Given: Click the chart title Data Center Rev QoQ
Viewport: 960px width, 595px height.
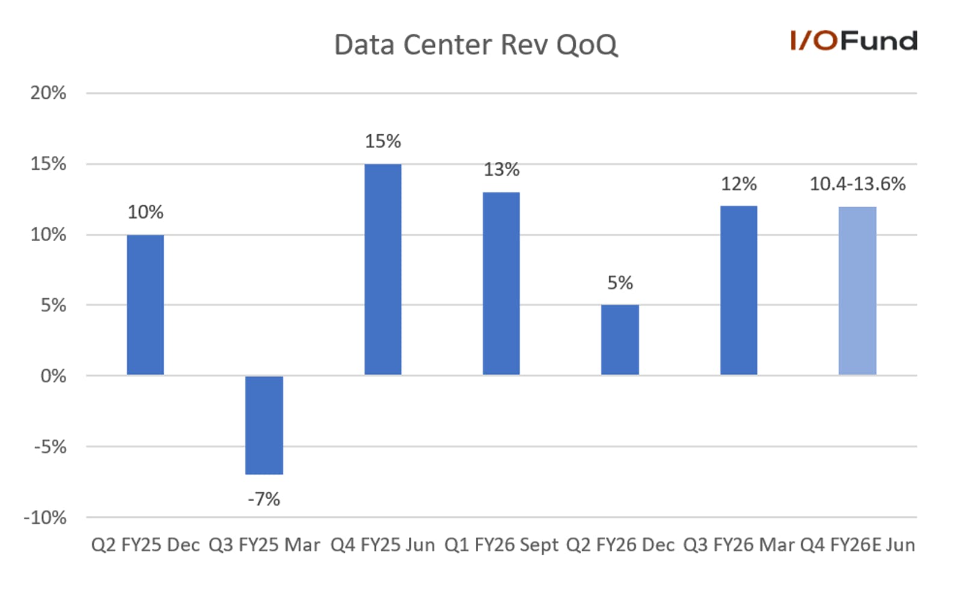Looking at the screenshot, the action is click(476, 45).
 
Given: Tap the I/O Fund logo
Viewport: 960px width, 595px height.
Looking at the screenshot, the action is click(854, 40).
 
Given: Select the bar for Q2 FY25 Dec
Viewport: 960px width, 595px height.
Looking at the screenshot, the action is click(145, 305).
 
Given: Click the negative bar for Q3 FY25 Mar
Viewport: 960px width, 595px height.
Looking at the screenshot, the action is click(264, 425).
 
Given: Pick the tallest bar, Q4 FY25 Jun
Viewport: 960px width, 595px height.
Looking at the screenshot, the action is click(382, 270).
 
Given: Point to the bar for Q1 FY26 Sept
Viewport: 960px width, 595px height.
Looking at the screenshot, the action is click(502, 284).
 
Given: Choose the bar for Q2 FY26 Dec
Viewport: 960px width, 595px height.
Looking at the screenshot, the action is click(620, 340).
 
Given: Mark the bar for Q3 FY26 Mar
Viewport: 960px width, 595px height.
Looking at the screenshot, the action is click(739, 291).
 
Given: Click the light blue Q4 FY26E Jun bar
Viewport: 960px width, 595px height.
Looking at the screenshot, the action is click(858, 291).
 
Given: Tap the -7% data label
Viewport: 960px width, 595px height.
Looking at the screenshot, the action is click(264, 499).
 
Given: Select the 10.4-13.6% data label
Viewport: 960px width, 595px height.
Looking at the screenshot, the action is click(858, 184).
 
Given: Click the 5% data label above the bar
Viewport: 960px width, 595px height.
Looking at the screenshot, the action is click(620, 282).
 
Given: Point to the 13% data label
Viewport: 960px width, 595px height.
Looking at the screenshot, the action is click(502, 169).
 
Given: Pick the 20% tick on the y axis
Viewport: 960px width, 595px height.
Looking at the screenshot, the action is click(48, 93).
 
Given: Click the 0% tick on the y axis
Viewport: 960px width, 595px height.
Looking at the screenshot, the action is click(54, 376).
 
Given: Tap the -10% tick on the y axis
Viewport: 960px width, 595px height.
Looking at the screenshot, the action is click(45, 518).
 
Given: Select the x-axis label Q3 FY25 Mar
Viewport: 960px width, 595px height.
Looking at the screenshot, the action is click(264, 545).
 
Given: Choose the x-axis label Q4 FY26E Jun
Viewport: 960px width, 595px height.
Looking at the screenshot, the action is click(858, 545).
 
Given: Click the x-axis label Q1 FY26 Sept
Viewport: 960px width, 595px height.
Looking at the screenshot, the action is click(502, 545).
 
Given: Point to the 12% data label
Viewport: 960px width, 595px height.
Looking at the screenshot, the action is click(739, 184).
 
